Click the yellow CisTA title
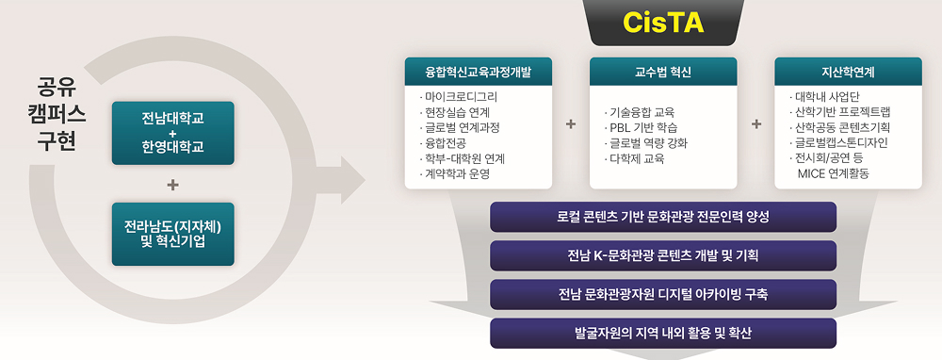click(x=664, y=24)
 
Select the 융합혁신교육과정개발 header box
click(x=479, y=72)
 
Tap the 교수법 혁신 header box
click(x=663, y=72)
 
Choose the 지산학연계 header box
click(x=848, y=72)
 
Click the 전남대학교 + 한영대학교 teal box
click(x=172, y=133)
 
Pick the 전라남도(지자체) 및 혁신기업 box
click(x=172, y=234)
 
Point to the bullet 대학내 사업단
click(x=829, y=96)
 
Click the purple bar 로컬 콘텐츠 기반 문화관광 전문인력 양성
click(x=663, y=217)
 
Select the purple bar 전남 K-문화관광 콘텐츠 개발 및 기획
click(x=663, y=255)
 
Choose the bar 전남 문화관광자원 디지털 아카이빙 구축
click(x=663, y=294)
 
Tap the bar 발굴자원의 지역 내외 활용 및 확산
click(x=663, y=333)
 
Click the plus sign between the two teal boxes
click(x=172, y=184)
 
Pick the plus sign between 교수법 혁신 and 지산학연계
click(x=756, y=124)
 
